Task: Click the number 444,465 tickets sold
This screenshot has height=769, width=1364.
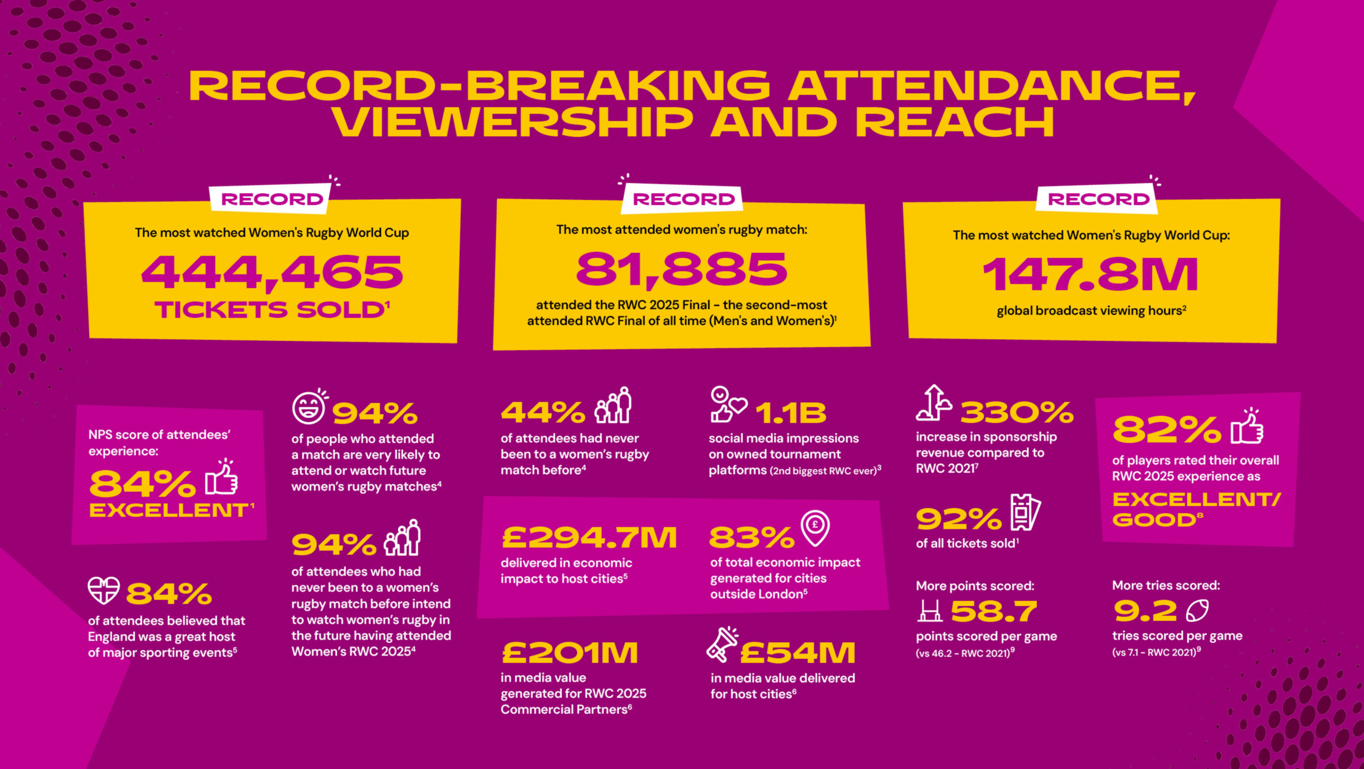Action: pos(272,272)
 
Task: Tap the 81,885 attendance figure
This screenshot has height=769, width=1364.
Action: pos(681,269)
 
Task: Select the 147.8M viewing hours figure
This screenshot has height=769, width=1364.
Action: pos(1090,274)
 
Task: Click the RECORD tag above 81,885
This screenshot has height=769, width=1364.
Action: pos(684,199)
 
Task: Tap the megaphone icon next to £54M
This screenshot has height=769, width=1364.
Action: pos(722,645)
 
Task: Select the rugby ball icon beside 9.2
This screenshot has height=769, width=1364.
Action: pos(1197,611)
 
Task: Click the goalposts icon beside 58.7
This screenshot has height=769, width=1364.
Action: pos(930,611)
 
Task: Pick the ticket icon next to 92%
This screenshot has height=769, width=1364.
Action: pos(1025,512)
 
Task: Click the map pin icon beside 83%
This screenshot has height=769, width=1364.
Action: pos(815,528)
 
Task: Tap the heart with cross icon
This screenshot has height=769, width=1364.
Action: pos(103,591)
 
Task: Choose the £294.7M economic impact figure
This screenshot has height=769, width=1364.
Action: pos(589,537)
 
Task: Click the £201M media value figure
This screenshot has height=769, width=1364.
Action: pos(570,653)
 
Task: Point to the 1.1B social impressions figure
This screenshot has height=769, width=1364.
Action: pos(791,413)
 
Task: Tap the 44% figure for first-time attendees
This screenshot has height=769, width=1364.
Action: pos(543,413)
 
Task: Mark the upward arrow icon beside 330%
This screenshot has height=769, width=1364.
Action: pos(934,403)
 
